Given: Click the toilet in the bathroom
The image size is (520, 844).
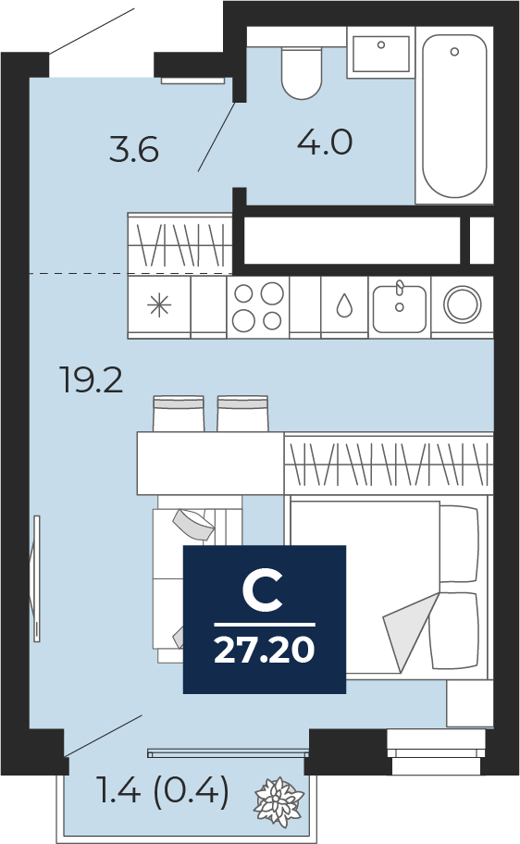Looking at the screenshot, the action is coord(302,73).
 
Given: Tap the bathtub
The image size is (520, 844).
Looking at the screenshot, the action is coord(454,116).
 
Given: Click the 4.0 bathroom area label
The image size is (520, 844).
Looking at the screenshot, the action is coord(325,143).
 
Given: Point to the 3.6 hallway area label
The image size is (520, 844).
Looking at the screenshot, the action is coord(134,149).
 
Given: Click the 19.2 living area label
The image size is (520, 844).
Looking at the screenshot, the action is coord(92,380).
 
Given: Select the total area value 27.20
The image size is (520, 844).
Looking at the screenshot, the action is coord(265,650).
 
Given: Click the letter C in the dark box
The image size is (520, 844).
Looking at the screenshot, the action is coord(263,591).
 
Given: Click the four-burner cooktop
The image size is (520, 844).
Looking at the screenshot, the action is coord(258,307).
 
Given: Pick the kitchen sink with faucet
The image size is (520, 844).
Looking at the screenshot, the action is coord(400,307).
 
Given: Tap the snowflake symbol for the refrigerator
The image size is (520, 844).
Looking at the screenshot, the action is coord(159,305).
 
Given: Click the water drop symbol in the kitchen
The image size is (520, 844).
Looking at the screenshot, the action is coord(344,305).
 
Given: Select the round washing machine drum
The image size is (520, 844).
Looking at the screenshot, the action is coord(463,304).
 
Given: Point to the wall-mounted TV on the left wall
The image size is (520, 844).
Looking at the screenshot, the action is coord(36,578).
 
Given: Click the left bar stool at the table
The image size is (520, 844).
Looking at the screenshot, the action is coord(179,414).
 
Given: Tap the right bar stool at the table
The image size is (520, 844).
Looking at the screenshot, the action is coord(242,414).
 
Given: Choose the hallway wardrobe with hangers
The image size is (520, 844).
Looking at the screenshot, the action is coord(180,244).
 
